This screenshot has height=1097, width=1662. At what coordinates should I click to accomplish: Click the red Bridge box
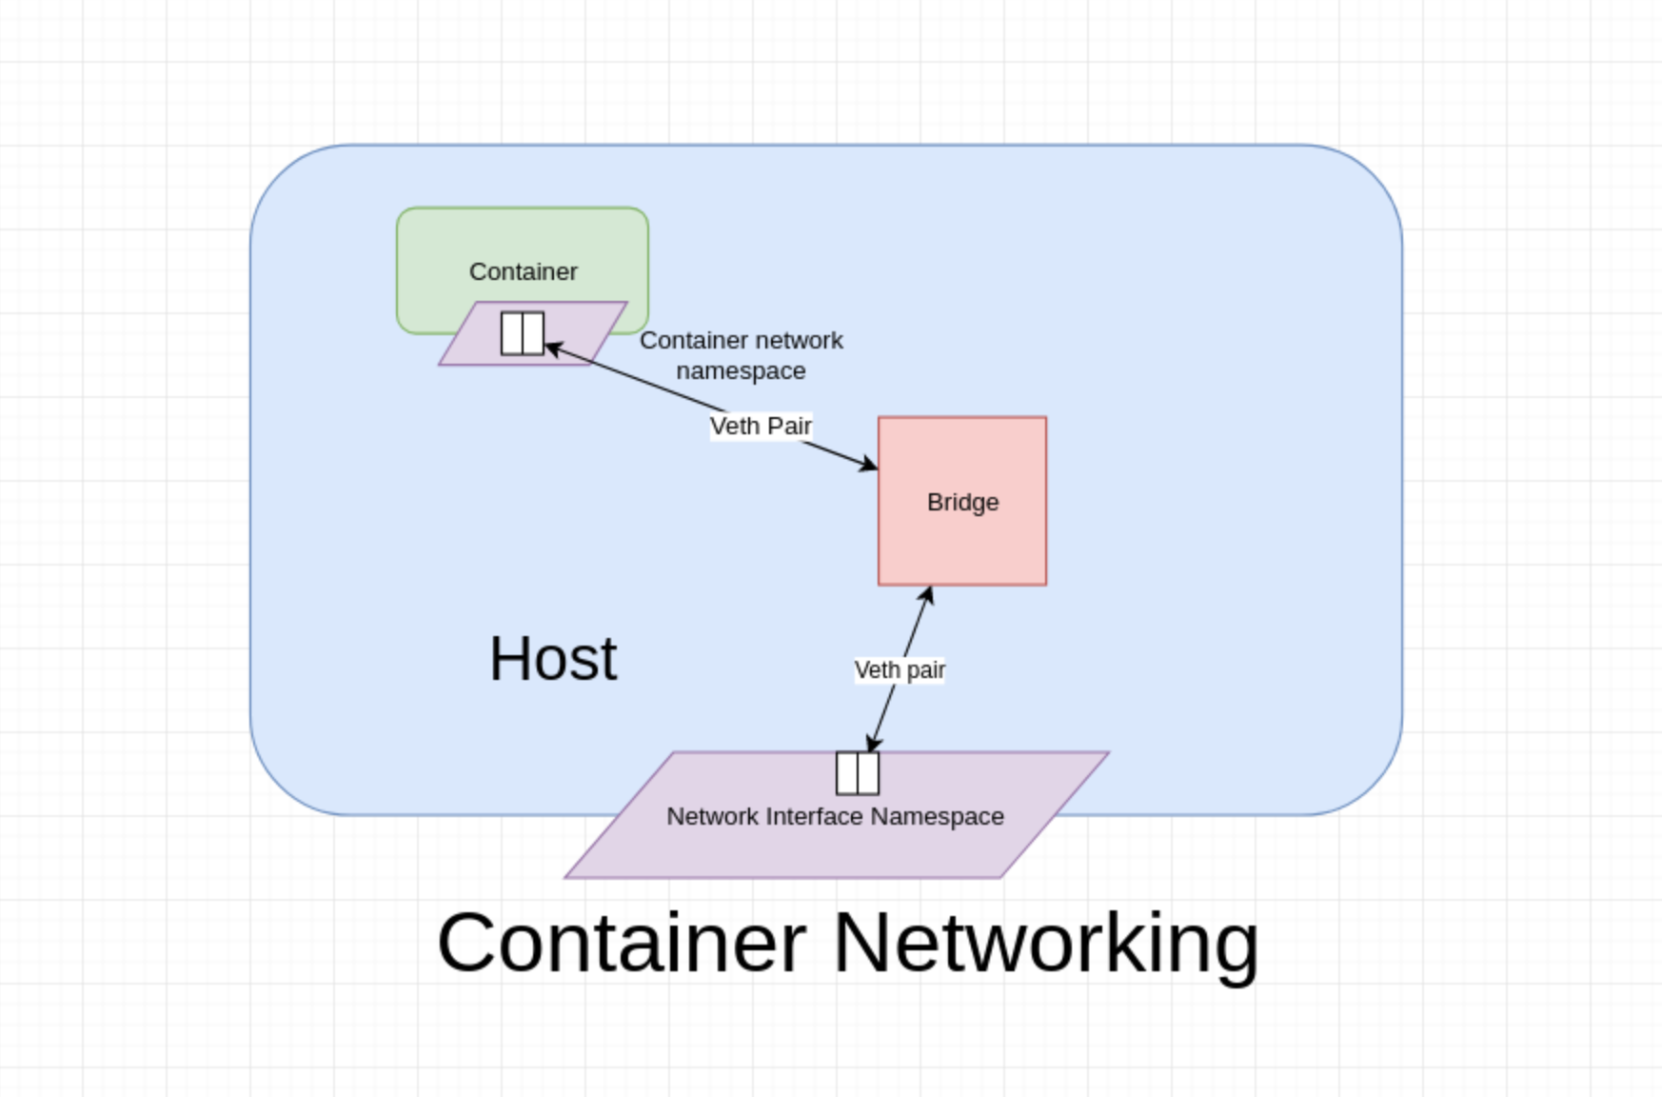click(961, 543)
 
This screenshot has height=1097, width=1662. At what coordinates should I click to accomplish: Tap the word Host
click(553, 658)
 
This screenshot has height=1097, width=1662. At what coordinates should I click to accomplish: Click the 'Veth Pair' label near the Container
click(761, 426)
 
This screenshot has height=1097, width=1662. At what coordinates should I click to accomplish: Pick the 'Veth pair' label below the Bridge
click(900, 670)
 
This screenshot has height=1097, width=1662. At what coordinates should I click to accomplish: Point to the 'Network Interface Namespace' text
click(835, 817)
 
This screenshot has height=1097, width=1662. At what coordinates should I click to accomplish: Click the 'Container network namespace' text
click(741, 355)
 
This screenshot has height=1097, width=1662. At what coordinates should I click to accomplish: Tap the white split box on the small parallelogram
click(522, 333)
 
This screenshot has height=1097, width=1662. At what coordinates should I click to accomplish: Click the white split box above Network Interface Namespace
click(857, 772)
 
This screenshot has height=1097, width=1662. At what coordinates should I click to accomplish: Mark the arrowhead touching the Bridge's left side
click(868, 465)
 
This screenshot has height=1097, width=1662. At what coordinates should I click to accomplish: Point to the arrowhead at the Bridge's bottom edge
click(927, 595)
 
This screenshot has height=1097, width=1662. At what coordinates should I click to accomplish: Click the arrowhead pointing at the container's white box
click(553, 349)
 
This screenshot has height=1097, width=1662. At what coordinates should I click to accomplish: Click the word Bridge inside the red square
click(962, 502)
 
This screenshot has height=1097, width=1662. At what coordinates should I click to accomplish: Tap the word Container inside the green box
click(523, 271)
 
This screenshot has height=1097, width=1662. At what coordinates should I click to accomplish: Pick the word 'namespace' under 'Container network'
click(741, 371)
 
